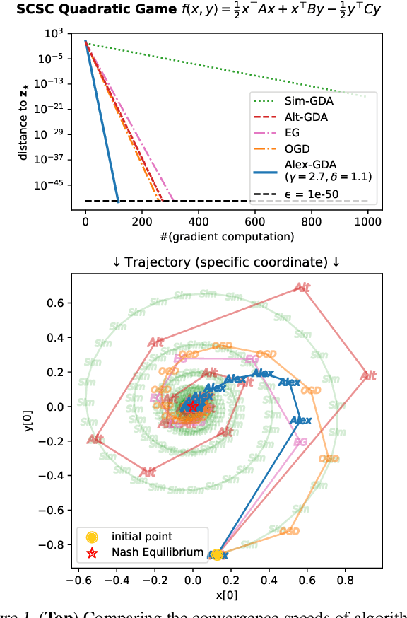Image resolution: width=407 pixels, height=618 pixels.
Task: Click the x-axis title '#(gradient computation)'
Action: point(226,236)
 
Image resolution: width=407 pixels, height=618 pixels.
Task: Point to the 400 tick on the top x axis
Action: point(198,221)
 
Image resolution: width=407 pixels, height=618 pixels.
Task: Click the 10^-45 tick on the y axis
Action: point(54,184)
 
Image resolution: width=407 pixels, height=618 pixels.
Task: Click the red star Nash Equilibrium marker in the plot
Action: point(192,406)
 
